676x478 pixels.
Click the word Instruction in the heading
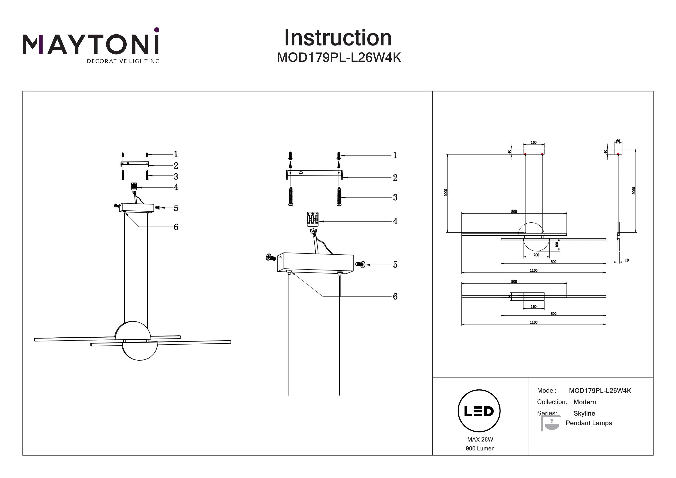coord(338,38)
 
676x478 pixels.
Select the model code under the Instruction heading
coord(339,58)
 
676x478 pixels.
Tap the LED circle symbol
coord(479,411)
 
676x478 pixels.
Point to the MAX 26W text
coord(480,439)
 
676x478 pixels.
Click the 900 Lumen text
coord(480,448)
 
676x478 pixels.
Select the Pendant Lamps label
coord(589,423)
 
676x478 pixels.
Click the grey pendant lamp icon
coord(550,423)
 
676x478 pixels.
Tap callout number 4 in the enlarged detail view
coord(395,221)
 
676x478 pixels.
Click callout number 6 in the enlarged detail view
coord(395,297)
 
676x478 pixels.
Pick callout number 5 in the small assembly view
coord(176,208)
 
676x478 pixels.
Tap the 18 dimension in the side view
coord(626,260)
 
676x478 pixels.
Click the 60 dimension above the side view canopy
coord(618,141)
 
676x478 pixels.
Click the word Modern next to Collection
coord(585,402)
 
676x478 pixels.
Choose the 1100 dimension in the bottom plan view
coord(534,322)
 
